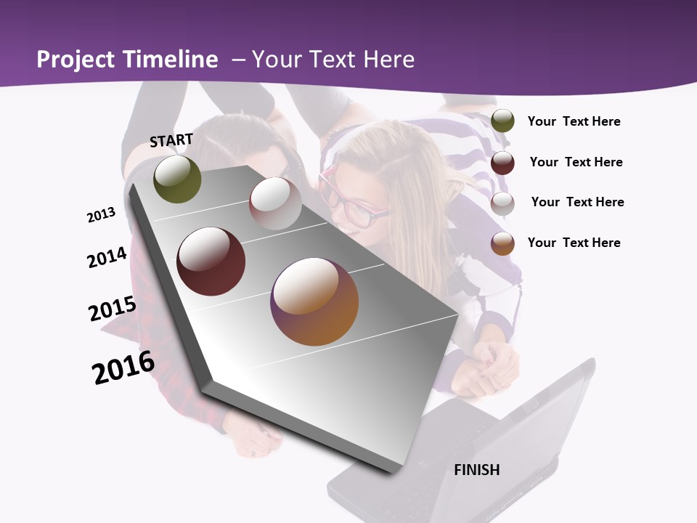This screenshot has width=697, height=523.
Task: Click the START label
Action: pos(171,139)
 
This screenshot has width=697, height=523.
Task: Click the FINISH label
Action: pos(476,470)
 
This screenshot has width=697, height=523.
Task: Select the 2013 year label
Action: pos(102,215)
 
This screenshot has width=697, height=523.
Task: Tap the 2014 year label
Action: pos(107,257)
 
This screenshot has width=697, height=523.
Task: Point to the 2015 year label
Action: pos(113,308)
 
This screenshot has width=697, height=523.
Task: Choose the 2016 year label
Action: pos(123,368)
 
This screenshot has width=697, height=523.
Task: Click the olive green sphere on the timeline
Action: pos(177,179)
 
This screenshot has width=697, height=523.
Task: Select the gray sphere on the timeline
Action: pos(275,203)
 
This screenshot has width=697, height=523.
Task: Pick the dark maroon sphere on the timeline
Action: pos(211,261)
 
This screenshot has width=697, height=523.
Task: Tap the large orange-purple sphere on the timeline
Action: pos(314,301)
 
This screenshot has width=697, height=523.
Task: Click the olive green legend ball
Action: pos(502,121)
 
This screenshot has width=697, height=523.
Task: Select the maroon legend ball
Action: pos(502,163)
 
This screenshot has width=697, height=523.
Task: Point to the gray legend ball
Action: pos(502,203)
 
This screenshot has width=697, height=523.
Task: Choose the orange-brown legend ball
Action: pos(502,243)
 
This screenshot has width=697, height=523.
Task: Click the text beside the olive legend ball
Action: pos(574,121)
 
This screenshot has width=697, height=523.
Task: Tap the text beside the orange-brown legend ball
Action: pos(574,243)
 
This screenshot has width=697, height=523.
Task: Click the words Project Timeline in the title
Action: pos(127,60)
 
